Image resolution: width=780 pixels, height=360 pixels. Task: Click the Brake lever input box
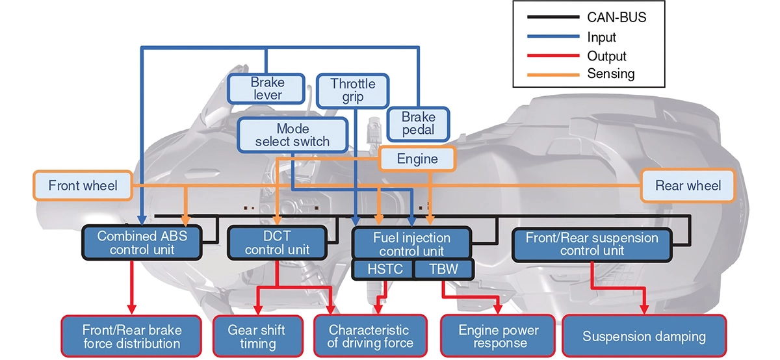[x=267, y=88]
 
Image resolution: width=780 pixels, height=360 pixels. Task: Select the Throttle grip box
[x=352, y=90]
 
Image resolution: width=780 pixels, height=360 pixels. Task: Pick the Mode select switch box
[x=292, y=135]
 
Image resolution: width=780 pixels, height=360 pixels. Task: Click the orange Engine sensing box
[x=417, y=159]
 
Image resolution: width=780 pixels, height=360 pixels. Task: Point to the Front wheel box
[x=83, y=186]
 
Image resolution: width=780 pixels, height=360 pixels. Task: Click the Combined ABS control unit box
[x=142, y=242]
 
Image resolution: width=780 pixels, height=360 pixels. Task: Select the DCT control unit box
[x=278, y=242]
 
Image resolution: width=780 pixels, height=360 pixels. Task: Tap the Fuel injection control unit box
[x=410, y=243]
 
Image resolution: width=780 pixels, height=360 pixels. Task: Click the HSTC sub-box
[x=382, y=269]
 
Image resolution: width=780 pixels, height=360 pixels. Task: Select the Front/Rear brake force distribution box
[x=132, y=336]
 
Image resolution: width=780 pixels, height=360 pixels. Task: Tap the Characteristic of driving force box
[x=369, y=336]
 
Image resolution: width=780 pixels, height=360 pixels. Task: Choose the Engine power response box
[x=498, y=336]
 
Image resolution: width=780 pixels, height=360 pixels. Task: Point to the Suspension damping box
[x=643, y=336]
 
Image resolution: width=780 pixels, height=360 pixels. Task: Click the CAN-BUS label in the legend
[x=616, y=18]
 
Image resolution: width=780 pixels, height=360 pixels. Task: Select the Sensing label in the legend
[x=610, y=73]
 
